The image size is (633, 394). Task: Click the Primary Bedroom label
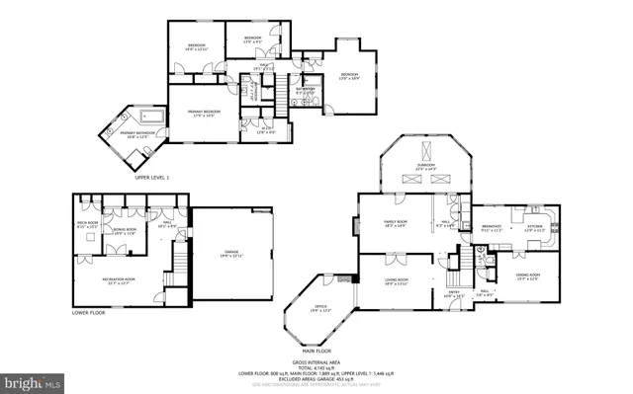[202, 113]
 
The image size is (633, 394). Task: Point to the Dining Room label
[529, 276]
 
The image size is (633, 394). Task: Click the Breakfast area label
[492, 228]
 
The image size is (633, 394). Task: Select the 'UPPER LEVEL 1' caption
[152, 177]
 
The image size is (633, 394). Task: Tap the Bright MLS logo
[32, 380]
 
